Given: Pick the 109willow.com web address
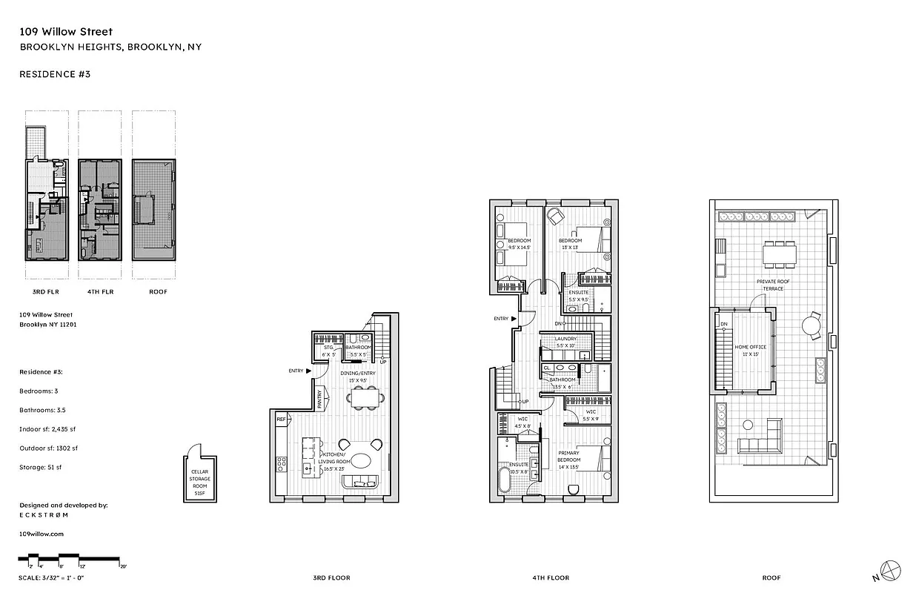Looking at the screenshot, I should coord(42,533).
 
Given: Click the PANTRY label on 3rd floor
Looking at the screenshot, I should coord(320,400).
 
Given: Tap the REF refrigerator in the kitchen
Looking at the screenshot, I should coord(282,420).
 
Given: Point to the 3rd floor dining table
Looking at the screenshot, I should coord(363,399).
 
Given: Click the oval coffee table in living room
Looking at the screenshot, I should coord(362,460).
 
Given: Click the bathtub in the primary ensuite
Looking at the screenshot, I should coord(505,480).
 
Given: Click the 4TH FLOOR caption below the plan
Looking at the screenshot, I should coord(551,577).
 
